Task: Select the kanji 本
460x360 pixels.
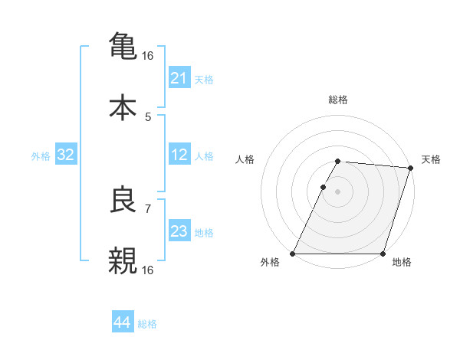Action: point(123,106)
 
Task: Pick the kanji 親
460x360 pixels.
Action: point(123,260)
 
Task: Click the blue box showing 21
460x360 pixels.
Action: point(179,78)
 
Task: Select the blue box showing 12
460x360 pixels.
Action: point(179,155)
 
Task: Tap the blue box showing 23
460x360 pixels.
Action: point(179,231)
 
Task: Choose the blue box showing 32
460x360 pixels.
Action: point(66,155)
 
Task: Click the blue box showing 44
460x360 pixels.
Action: point(123,323)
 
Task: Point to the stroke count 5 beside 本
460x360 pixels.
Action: point(148,117)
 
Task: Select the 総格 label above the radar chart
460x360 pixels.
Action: point(338,100)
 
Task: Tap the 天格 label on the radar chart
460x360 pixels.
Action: point(431,159)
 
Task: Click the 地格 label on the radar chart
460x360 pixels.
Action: point(402,263)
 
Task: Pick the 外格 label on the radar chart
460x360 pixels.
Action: point(270,263)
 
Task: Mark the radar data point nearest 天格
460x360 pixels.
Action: point(411,168)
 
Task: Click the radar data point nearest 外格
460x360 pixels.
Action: point(293,254)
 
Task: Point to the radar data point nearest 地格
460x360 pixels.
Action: point(383,254)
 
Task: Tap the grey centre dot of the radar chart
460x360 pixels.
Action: point(338,191)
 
